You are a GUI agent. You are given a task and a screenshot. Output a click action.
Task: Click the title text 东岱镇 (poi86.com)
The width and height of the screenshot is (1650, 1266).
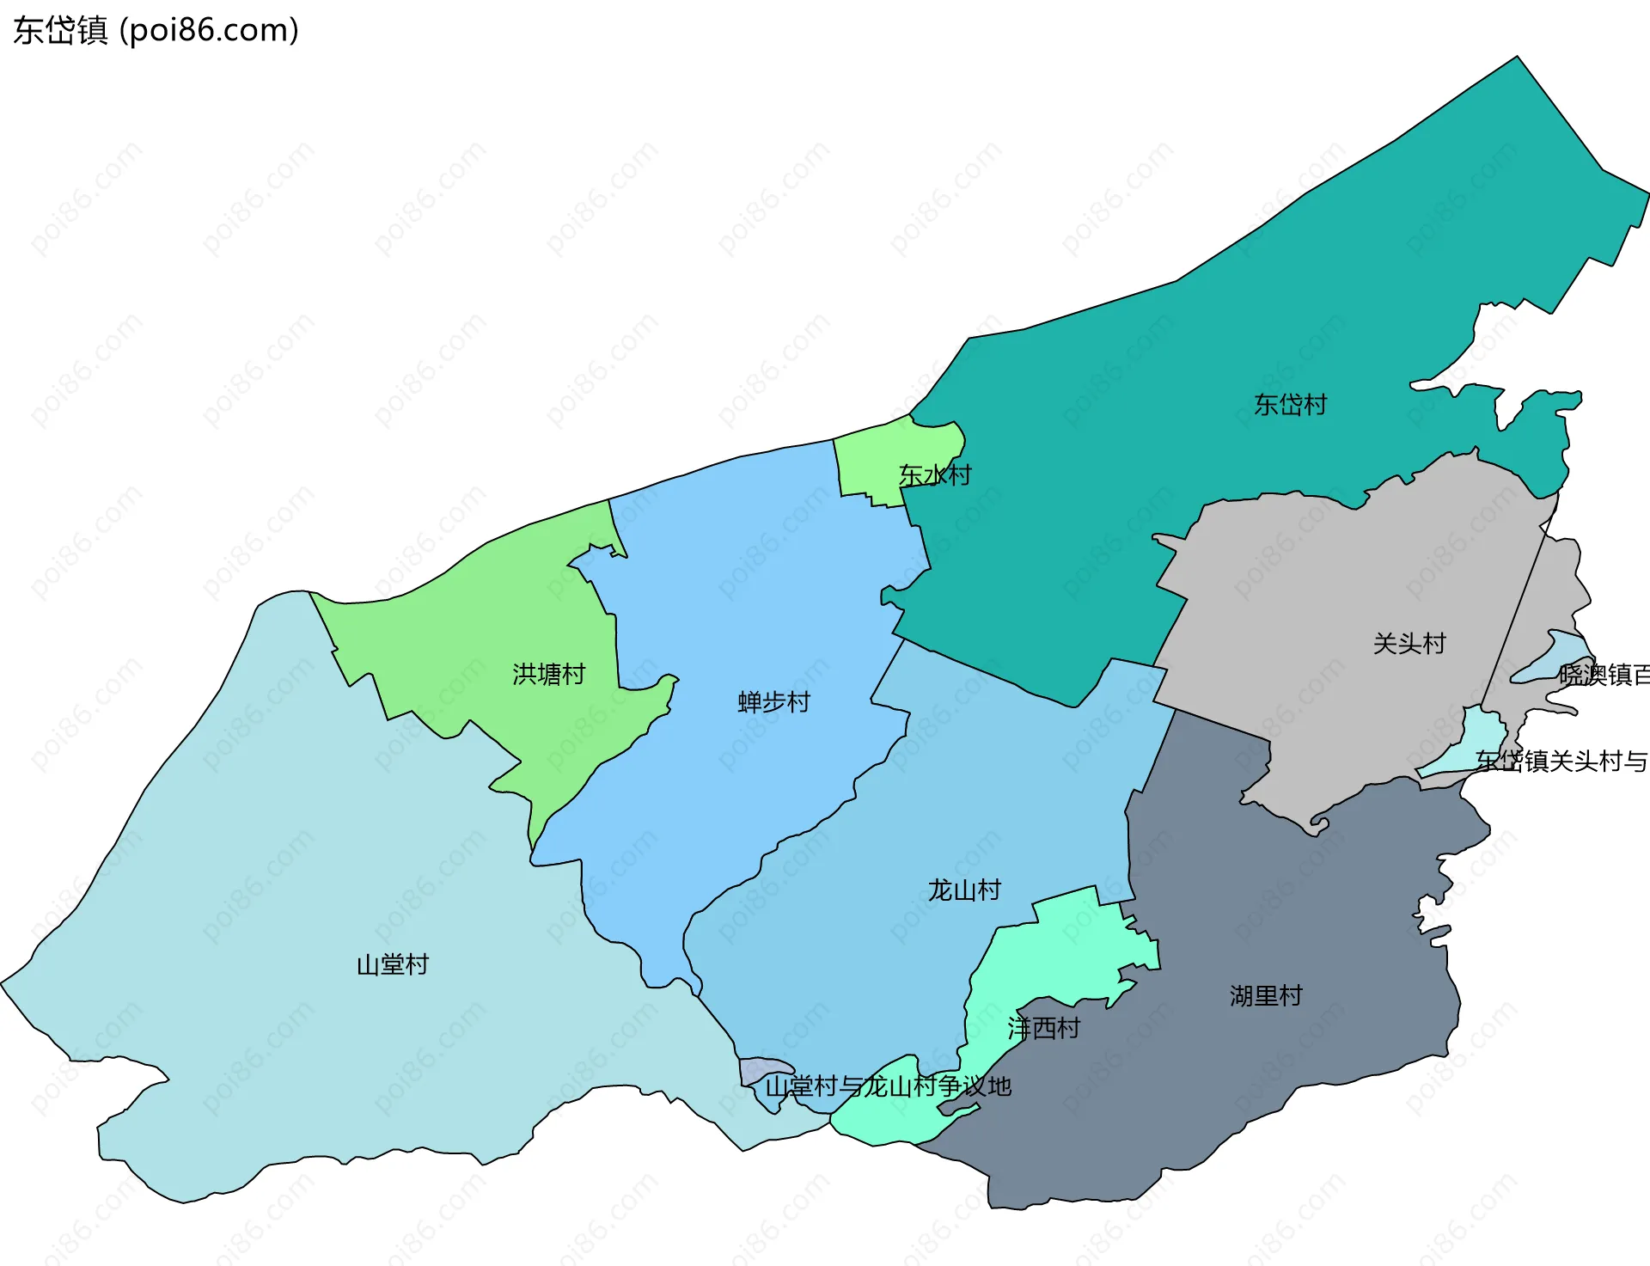pos(156,30)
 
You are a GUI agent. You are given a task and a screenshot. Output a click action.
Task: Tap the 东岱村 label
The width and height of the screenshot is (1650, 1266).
pos(1290,405)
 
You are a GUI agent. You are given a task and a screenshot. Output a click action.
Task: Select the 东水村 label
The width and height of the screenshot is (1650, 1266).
pos(935,475)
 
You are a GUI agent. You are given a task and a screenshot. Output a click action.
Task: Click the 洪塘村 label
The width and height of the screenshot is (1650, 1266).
pos(548,674)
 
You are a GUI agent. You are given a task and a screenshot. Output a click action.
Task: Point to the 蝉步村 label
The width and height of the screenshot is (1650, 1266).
pos(773,702)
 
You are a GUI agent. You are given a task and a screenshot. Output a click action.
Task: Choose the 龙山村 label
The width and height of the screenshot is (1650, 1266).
pos(964,890)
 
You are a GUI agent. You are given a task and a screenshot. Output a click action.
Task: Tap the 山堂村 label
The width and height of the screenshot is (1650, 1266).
pos(392,965)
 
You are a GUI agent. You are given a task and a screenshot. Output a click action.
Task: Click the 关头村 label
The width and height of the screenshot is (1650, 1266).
pos(1409,644)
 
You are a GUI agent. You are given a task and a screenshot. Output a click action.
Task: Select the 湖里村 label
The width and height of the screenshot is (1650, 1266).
pos(1266,996)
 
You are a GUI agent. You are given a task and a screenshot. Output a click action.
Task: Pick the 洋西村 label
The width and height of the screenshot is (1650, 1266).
pos(1043,1028)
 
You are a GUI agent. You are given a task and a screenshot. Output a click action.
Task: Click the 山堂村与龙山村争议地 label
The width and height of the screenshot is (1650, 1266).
pos(888,1087)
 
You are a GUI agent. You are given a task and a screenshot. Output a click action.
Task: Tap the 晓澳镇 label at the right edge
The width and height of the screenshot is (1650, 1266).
pos(1603,676)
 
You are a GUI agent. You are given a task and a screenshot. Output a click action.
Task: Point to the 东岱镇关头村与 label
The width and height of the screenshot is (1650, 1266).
pos(1561,761)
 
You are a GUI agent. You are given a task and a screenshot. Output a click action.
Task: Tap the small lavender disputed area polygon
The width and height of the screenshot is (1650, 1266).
pos(756,1070)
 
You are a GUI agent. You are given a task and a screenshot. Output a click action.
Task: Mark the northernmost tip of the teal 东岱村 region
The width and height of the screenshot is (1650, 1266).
pos(1517,58)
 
